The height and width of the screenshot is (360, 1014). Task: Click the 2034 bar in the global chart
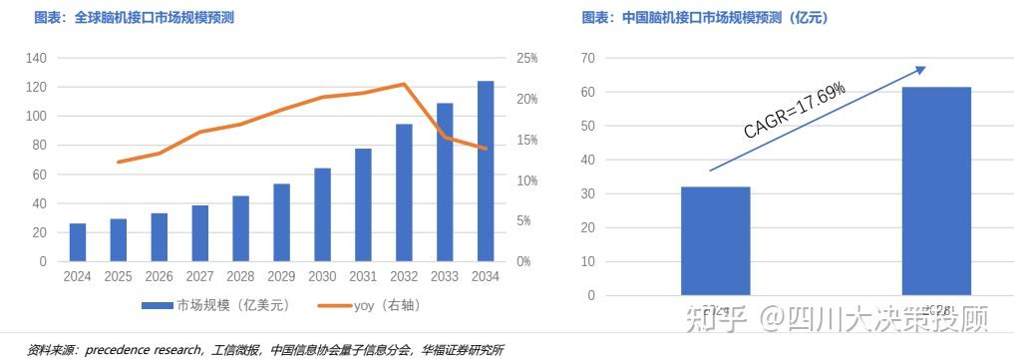point(486,172)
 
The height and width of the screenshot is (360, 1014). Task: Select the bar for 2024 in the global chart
point(77,242)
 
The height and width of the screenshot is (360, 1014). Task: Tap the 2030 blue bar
point(322,214)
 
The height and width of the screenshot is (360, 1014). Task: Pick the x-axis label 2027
point(199,276)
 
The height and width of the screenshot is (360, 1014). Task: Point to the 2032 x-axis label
point(404,276)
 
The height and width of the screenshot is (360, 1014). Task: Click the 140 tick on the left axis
point(37,59)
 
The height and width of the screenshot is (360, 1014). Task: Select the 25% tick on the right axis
point(526,59)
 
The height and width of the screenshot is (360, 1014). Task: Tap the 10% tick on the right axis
point(526,180)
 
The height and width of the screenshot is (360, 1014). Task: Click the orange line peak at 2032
point(403,84)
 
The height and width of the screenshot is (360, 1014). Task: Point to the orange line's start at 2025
point(118,162)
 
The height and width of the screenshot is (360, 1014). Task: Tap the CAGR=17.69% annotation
point(795,110)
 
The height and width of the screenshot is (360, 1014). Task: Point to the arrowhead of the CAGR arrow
point(922,69)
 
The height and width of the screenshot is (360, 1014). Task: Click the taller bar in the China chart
point(936,190)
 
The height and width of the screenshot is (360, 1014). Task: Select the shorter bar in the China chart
point(716,240)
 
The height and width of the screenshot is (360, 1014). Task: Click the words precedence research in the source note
point(145,350)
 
